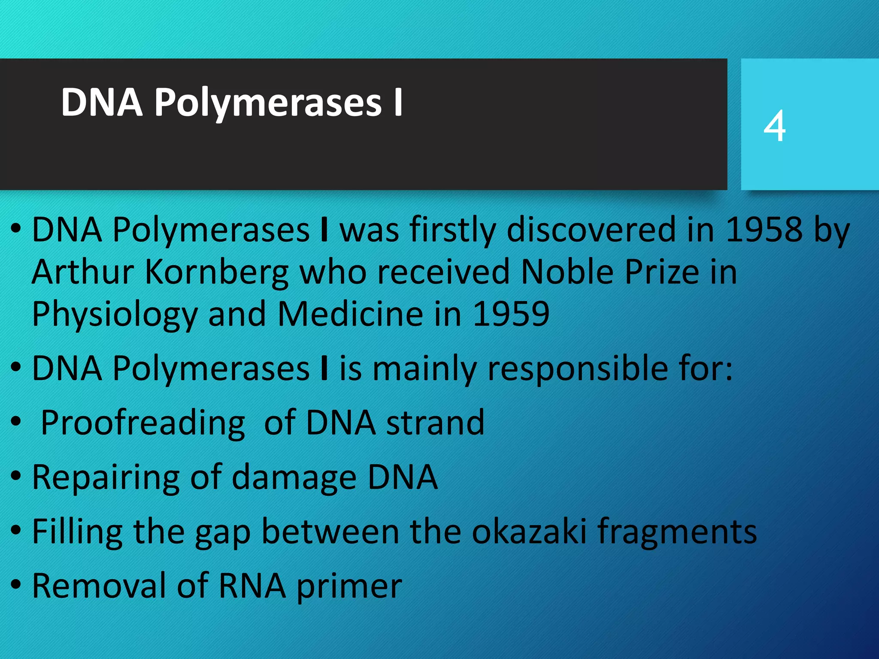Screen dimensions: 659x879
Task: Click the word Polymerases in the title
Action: (268, 103)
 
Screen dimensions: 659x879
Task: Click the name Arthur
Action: (83, 272)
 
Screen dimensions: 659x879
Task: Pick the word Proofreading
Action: (143, 423)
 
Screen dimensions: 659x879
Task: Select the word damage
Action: (294, 478)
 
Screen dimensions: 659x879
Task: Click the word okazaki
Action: (529, 532)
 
